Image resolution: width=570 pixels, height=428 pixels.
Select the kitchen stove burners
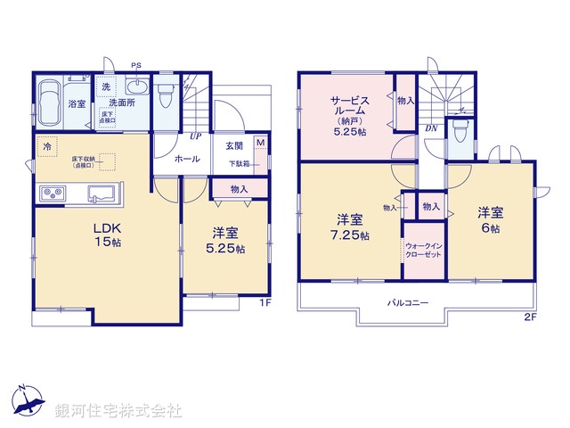click(x=50, y=193)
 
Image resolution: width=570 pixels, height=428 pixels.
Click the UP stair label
click(x=193, y=136)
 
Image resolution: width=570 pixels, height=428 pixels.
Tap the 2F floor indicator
click(x=529, y=316)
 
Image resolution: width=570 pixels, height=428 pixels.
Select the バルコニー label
click(x=408, y=303)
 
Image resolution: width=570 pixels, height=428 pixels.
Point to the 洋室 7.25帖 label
click(x=349, y=226)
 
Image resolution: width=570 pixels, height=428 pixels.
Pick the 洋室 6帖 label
click(x=490, y=219)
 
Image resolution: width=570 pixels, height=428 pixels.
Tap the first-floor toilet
click(x=167, y=94)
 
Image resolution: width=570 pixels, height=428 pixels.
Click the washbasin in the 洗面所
click(x=136, y=87)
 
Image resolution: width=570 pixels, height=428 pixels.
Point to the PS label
click(x=136, y=65)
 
